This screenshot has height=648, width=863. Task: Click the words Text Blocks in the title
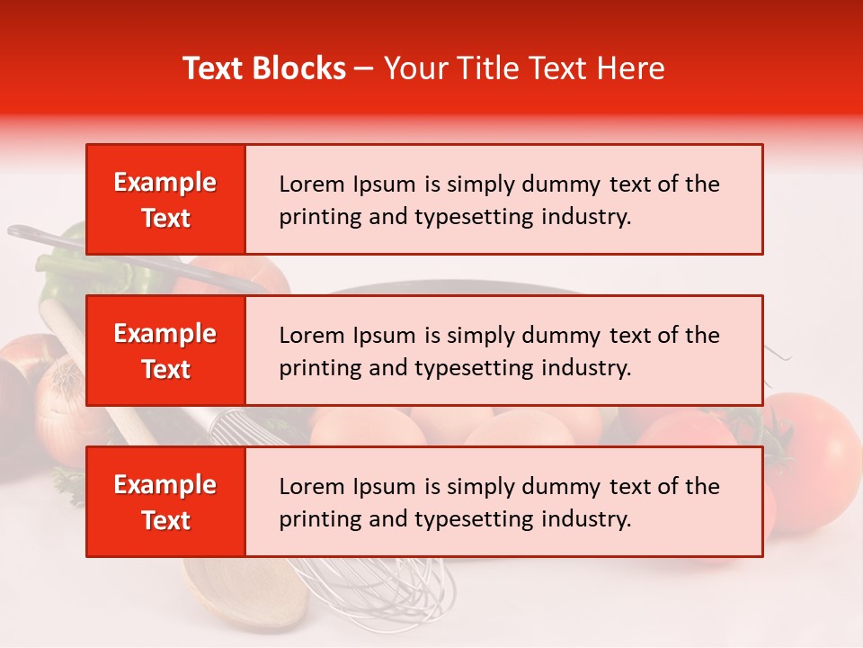pos(264,68)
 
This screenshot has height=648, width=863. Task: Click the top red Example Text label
pos(165,200)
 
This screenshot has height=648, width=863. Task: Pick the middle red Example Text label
pos(165,351)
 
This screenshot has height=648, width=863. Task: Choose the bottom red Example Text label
pos(165,502)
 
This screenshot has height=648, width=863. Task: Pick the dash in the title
pos(364,68)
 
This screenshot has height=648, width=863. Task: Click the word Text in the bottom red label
pos(165,520)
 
